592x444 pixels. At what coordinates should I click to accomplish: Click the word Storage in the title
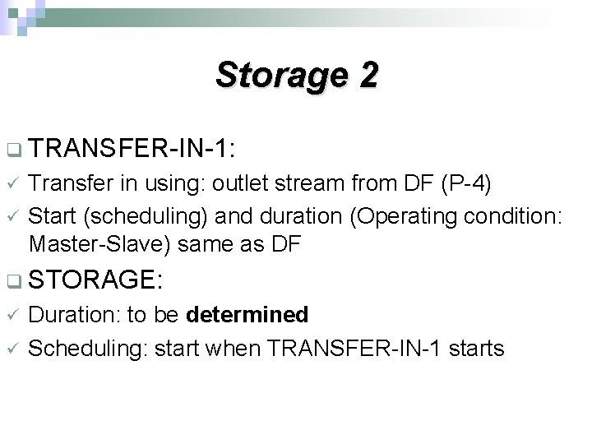(x=280, y=76)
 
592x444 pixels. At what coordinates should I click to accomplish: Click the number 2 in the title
(x=368, y=76)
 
